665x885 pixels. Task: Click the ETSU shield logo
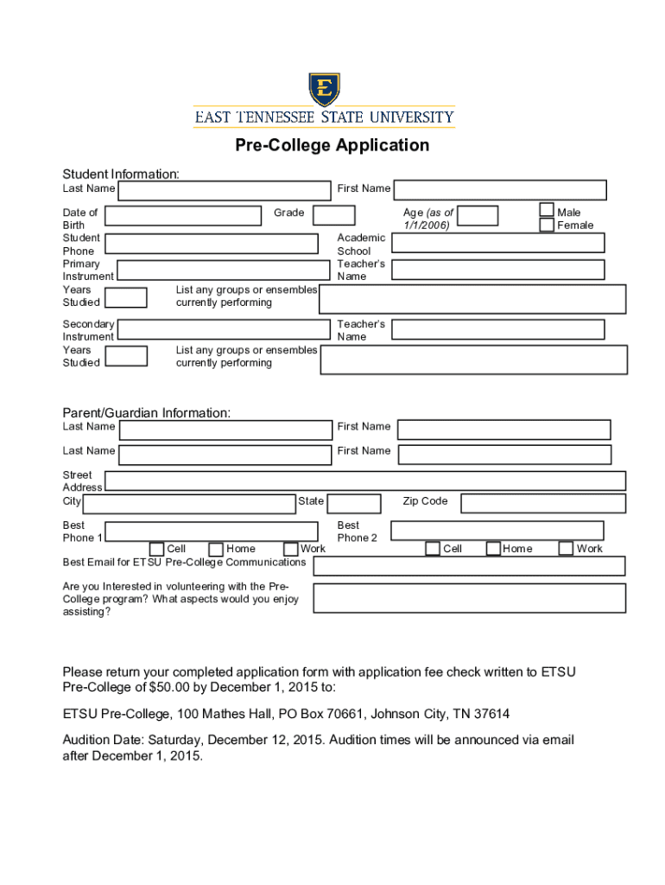click(x=324, y=89)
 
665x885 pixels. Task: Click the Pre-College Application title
click(x=332, y=145)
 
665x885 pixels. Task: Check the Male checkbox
click(x=547, y=210)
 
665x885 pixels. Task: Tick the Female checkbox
click(x=547, y=225)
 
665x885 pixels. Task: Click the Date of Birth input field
click(x=183, y=216)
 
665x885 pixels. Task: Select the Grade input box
click(x=333, y=215)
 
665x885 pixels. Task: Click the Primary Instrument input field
click(x=224, y=270)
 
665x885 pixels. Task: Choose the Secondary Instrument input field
click(x=224, y=329)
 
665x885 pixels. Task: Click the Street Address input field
click(x=365, y=481)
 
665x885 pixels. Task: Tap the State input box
click(x=354, y=503)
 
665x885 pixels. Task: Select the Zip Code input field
click(x=542, y=503)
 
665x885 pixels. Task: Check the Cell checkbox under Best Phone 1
click(x=157, y=549)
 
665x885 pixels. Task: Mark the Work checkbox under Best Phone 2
click(x=566, y=548)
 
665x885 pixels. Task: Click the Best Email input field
click(x=469, y=565)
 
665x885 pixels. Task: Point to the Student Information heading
click(x=121, y=175)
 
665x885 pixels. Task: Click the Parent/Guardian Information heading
click(x=147, y=413)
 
